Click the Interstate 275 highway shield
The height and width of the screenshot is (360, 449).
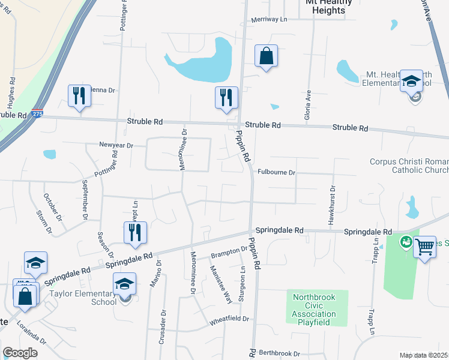38,113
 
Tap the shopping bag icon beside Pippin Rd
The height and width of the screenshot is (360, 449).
266,56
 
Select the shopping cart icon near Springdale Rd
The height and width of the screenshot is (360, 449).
424,245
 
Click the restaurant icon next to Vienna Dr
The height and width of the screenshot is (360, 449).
79,96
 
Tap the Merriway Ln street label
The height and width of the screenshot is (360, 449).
270,20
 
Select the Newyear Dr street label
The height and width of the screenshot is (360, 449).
116,145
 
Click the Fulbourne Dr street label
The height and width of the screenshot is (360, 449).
277,172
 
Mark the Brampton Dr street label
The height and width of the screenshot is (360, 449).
229,253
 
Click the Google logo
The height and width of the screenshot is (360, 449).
20,353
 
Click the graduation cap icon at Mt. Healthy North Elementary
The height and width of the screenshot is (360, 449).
412,81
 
